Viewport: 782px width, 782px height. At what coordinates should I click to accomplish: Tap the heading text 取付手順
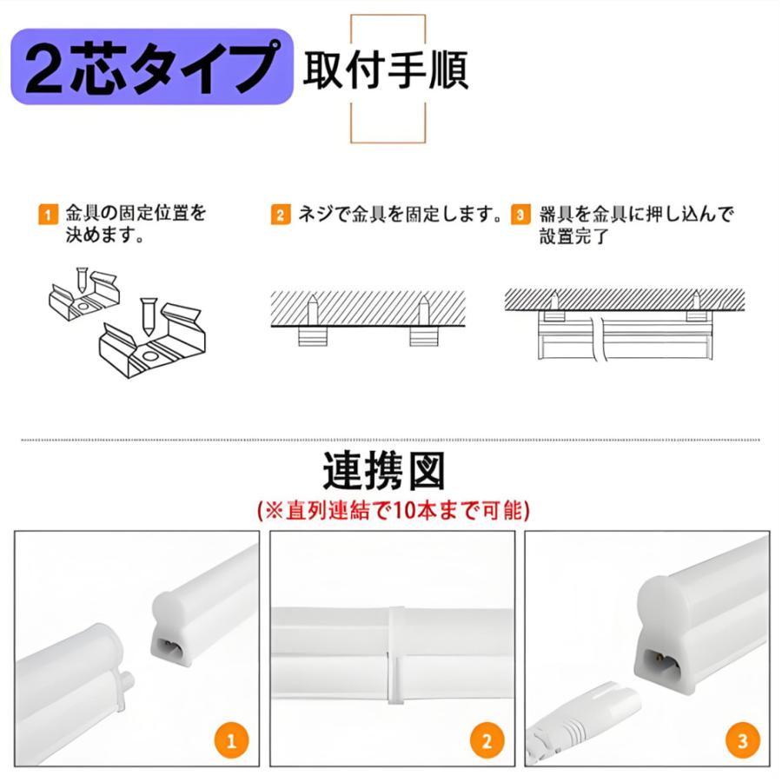(x=385, y=70)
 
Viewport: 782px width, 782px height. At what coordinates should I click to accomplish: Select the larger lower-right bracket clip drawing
(x=155, y=340)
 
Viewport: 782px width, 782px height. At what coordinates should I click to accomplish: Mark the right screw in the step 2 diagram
(x=423, y=308)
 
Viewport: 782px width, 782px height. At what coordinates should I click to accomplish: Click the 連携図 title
(x=384, y=472)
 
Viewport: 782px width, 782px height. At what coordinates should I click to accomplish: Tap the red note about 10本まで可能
(x=394, y=510)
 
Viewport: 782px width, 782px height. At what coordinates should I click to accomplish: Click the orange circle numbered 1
(x=230, y=741)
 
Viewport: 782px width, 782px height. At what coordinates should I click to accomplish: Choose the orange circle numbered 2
(x=487, y=741)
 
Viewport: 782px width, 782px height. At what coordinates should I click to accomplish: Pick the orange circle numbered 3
(x=742, y=741)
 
